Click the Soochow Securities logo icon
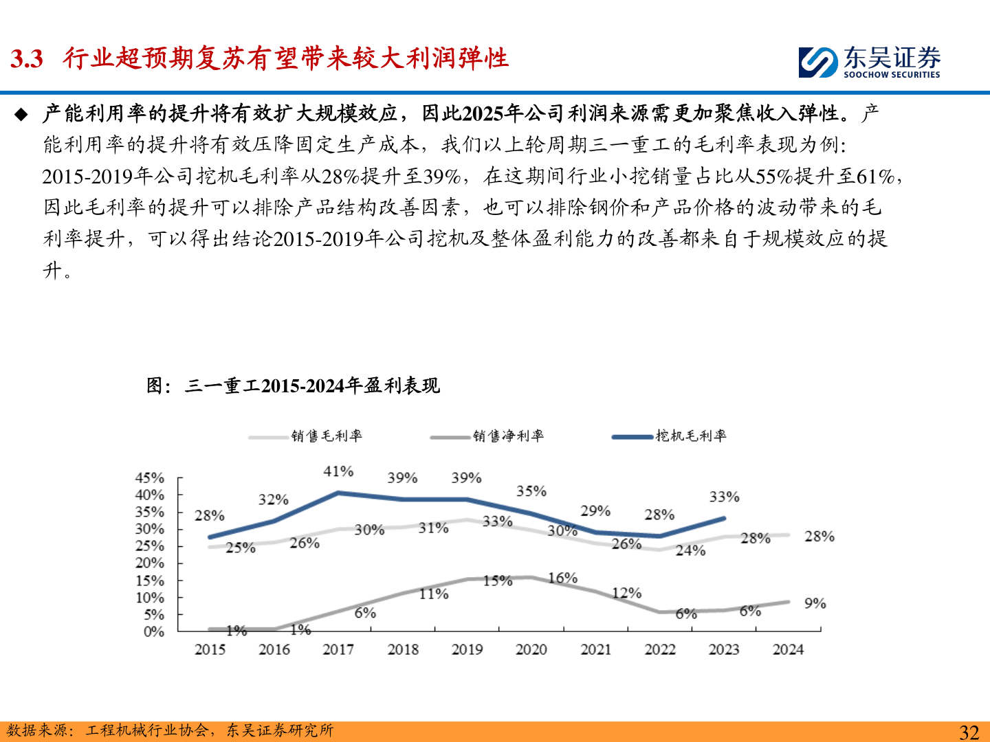click(x=818, y=62)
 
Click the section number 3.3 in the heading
click(x=27, y=59)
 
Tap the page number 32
click(x=969, y=732)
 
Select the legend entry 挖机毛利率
click(x=690, y=436)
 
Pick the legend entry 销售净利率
click(x=508, y=436)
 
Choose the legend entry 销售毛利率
click(x=326, y=436)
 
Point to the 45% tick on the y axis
click(x=150, y=477)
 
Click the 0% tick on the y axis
click(x=154, y=631)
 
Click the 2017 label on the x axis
click(x=338, y=649)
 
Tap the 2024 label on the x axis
click(x=788, y=649)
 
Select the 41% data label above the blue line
click(x=338, y=471)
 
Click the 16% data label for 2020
click(x=562, y=578)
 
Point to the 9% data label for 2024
click(x=815, y=603)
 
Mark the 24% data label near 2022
click(x=690, y=550)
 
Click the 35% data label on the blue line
click(x=531, y=491)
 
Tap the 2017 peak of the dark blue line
click(x=338, y=493)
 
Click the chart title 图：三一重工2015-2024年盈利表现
click(x=293, y=385)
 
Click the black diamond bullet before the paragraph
click(x=21, y=114)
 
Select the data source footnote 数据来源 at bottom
click(x=170, y=730)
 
